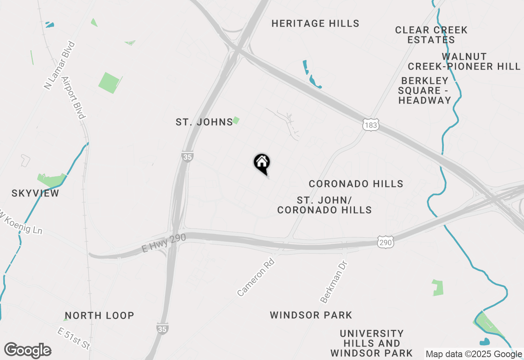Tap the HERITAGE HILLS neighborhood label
click(315, 24)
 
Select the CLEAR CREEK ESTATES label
click(431, 35)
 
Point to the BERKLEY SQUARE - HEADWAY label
click(425, 90)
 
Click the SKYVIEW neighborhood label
click(35, 193)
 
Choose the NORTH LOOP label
click(99, 315)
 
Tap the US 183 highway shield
click(370, 125)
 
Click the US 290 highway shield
click(386, 243)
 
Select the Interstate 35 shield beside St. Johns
click(187, 157)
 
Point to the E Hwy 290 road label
click(163, 243)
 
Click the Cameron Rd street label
click(255, 277)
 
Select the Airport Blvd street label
click(74, 97)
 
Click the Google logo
click(27, 351)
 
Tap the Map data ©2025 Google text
click(474, 354)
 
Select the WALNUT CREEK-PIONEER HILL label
click(464, 61)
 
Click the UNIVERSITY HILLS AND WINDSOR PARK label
click(372, 343)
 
